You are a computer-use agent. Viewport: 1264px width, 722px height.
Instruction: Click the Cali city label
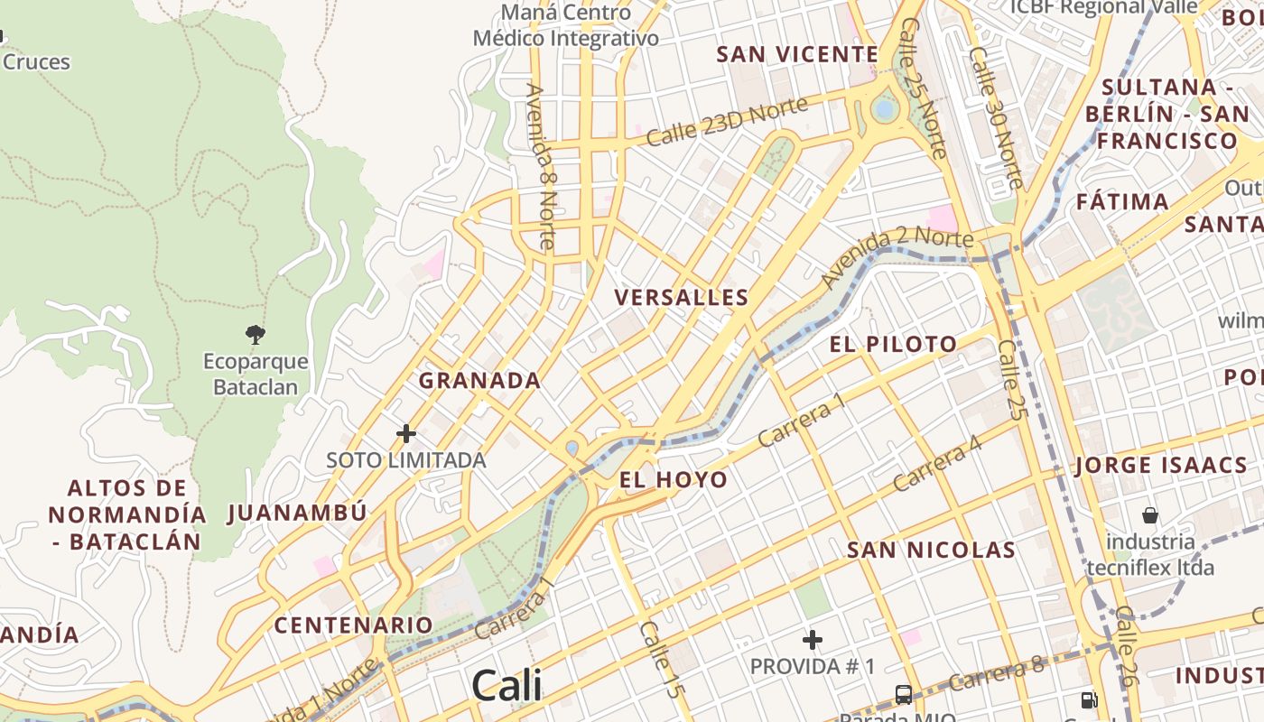(507, 685)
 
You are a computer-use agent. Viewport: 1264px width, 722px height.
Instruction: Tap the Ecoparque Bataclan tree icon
(256, 335)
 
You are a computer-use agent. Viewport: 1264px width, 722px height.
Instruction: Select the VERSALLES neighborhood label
(682, 297)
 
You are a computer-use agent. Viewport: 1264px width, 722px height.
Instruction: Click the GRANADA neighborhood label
(479, 380)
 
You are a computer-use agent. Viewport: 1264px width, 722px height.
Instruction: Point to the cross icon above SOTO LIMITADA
(406, 434)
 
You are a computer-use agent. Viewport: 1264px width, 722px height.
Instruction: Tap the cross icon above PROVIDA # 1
(813, 640)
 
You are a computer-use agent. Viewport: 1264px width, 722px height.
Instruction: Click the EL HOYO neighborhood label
(674, 479)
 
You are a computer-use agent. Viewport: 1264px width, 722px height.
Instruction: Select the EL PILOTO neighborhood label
(893, 344)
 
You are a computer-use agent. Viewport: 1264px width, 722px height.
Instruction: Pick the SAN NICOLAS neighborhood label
(931, 550)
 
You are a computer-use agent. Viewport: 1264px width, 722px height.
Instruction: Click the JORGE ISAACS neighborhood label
(1160, 466)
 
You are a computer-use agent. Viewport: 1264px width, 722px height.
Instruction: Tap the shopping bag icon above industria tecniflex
(1150, 515)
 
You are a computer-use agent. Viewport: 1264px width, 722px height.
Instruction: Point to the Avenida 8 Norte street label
(540, 166)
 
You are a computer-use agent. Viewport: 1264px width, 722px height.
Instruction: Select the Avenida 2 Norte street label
(898, 260)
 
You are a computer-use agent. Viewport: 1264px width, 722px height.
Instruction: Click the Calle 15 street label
(660, 659)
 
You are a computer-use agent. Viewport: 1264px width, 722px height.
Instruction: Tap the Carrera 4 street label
(936, 463)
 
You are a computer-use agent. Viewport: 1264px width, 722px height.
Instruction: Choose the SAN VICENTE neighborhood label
(797, 54)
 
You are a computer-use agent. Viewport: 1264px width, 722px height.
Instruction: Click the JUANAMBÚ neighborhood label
(297, 513)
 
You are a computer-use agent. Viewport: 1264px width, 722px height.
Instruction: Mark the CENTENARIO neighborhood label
(354, 625)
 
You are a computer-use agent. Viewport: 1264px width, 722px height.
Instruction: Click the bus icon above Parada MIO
(903, 694)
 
